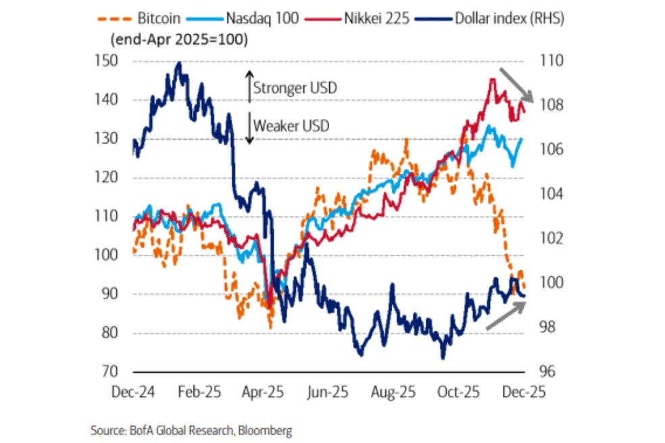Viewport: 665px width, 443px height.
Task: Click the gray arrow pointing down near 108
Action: click(516, 85)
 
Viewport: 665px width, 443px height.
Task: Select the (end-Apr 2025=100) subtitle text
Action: click(178, 39)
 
